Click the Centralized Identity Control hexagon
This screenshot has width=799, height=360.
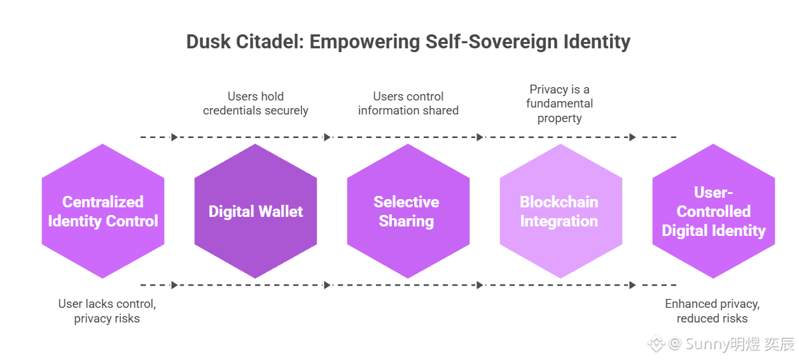click(103, 211)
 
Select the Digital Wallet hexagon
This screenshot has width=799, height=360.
click(256, 211)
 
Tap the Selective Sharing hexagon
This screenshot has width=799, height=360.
click(408, 211)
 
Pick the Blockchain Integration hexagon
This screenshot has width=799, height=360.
click(560, 211)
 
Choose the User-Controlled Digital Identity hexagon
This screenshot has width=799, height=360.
click(713, 211)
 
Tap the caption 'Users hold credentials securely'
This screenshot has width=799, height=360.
click(256, 104)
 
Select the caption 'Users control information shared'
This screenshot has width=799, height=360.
click(408, 104)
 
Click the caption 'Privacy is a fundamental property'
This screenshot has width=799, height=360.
click(560, 104)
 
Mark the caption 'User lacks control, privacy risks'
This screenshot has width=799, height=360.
click(107, 311)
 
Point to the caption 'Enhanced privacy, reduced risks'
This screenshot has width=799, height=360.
click(712, 311)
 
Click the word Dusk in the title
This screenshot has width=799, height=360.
click(209, 42)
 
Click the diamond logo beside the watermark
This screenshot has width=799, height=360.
click(656, 345)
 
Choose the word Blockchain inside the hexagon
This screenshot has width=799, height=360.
click(559, 202)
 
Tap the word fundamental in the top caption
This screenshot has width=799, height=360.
click(560, 104)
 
